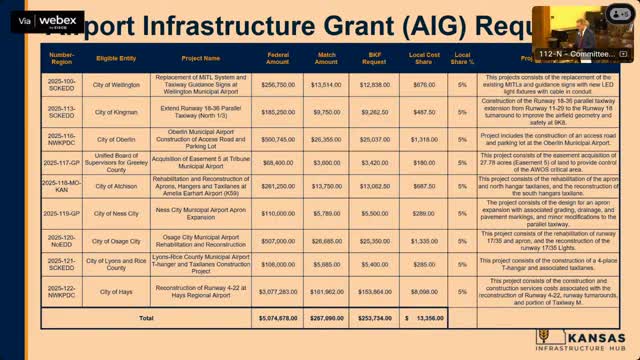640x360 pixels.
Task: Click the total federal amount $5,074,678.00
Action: click(278, 318)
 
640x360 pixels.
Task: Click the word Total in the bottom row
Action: click(147, 318)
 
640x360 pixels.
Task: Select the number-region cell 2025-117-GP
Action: click(61, 161)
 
